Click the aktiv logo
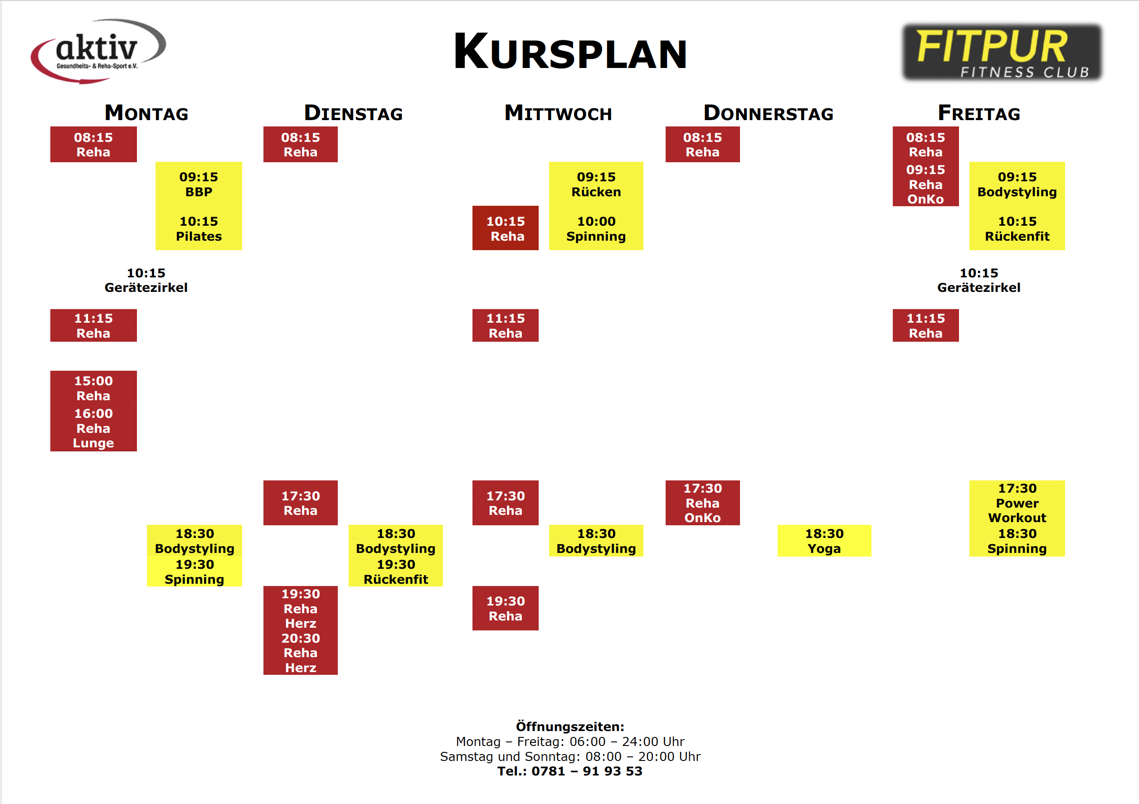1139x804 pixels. (x=98, y=51)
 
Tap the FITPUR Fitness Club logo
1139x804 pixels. (x=1002, y=52)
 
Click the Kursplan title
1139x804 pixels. (x=570, y=52)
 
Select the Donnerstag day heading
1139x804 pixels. (x=768, y=113)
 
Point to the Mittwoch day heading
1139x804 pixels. (x=558, y=113)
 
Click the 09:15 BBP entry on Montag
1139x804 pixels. (x=199, y=184)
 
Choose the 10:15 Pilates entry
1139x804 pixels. (x=199, y=229)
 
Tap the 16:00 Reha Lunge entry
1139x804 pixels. (x=93, y=428)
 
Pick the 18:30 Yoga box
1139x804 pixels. (x=824, y=541)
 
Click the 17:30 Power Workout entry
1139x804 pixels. (x=1017, y=503)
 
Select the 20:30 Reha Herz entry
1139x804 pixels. (x=301, y=653)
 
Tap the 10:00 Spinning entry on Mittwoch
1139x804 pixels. (x=596, y=229)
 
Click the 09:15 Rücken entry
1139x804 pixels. (x=596, y=184)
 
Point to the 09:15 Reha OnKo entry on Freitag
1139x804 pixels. (x=926, y=184)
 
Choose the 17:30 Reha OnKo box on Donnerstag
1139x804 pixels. (x=702, y=503)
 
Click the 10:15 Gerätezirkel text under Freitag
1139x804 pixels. (x=978, y=280)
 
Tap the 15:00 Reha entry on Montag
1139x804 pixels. (x=93, y=388)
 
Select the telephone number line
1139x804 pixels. (x=570, y=771)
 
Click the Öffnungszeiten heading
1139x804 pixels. (x=570, y=727)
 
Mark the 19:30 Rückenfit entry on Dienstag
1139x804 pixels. (x=396, y=572)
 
